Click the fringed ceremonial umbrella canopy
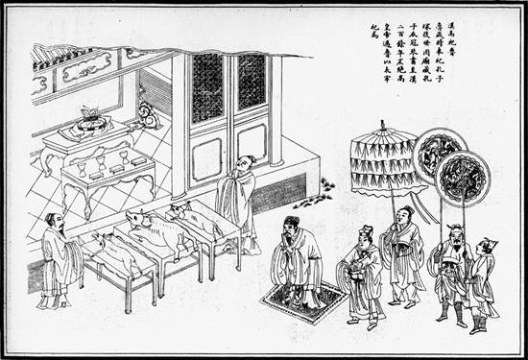point(383,159)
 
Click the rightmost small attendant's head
point(489,248)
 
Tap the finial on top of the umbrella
point(383,126)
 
